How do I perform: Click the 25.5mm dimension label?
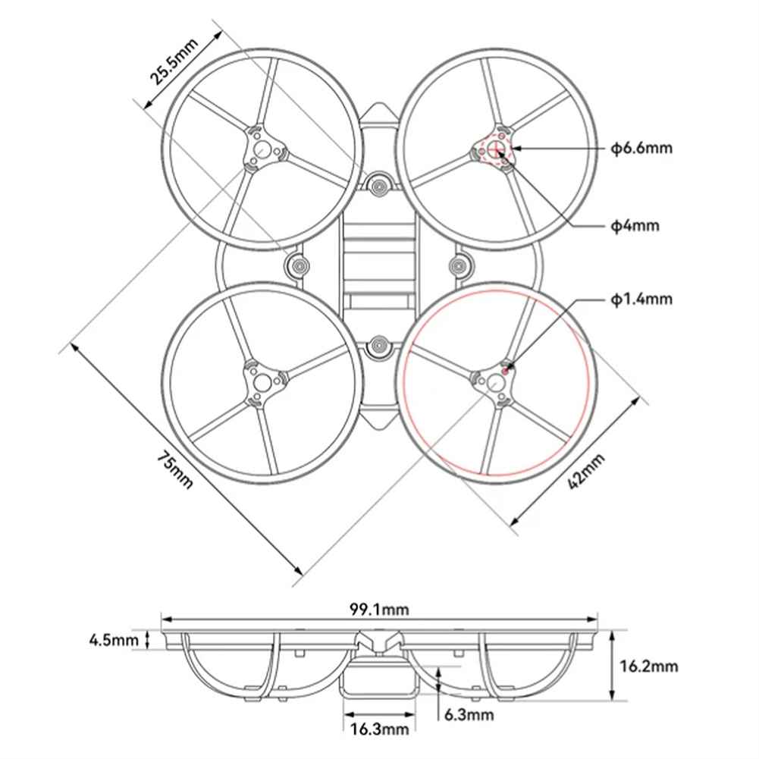pyautogui.click(x=174, y=61)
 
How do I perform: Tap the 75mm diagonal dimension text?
pyautogui.click(x=175, y=469)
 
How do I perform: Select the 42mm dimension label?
pyautogui.click(x=586, y=471)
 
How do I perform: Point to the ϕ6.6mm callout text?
pyautogui.click(x=641, y=148)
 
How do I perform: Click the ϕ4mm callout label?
pyautogui.click(x=635, y=225)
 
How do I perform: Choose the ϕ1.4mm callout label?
pyautogui.click(x=641, y=299)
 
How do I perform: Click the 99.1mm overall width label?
pyautogui.click(x=379, y=609)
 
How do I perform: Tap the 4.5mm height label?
pyautogui.click(x=114, y=640)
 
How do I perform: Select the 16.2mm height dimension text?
pyautogui.click(x=649, y=666)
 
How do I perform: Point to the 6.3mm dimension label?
pyautogui.click(x=469, y=714)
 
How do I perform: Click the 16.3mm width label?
pyautogui.click(x=379, y=728)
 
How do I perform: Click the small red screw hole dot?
pyautogui.click(x=506, y=372)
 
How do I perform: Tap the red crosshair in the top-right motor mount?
pyautogui.click(x=495, y=149)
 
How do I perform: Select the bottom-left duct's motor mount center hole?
pyautogui.click(x=262, y=382)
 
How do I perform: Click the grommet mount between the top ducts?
pyautogui.click(x=378, y=184)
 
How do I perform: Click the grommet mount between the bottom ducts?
pyautogui.click(x=378, y=347)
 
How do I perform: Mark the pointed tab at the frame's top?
pyautogui.click(x=379, y=113)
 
